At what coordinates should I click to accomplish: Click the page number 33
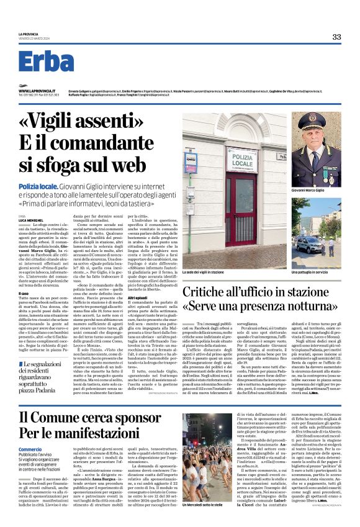336,37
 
